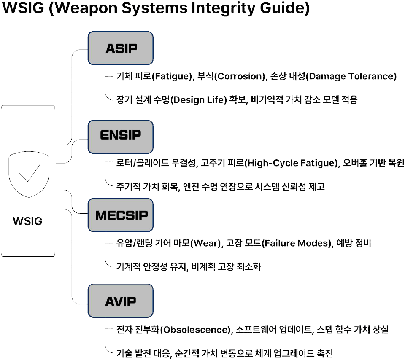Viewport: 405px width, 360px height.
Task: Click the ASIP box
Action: pyautogui.click(x=120, y=48)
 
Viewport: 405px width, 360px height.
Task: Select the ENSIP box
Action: pyautogui.click(x=120, y=137)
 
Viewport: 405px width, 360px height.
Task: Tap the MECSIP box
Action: pyautogui.click(x=120, y=215)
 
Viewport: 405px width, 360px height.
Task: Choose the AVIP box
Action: pyautogui.click(x=120, y=301)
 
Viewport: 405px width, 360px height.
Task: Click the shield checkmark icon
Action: pyautogui.click(x=29, y=175)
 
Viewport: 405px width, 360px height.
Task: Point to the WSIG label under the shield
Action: pyautogui.click(x=27, y=221)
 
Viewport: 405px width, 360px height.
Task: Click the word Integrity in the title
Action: pyautogui.click(x=224, y=8)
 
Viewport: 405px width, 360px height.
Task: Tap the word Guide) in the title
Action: pyautogui.click(x=285, y=8)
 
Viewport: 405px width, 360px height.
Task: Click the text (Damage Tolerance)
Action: pyautogui.click(x=351, y=76)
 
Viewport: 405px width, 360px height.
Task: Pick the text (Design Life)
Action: pyautogui.click(x=199, y=99)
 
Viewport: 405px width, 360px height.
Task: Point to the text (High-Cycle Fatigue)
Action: pyautogui.click(x=291, y=163)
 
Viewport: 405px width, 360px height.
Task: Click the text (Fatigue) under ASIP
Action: pyautogui.click(x=172, y=76)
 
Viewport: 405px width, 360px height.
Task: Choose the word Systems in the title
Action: pyautogui.click(x=154, y=8)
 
